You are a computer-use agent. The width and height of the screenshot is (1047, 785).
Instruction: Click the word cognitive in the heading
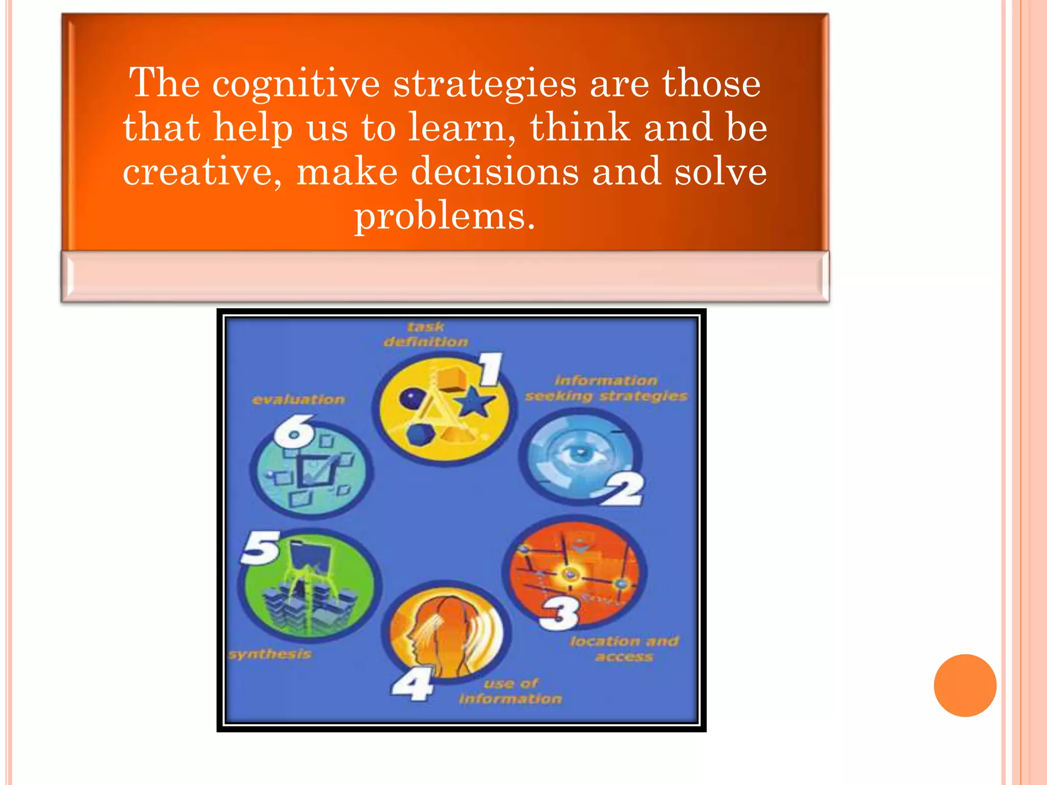click(296, 84)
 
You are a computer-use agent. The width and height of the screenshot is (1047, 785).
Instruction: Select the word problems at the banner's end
click(445, 216)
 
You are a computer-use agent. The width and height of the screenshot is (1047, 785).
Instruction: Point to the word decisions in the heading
click(495, 172)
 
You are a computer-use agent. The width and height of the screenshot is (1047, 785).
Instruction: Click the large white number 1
click(491, 370)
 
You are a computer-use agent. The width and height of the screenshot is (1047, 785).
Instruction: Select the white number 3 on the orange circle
click(560, 613)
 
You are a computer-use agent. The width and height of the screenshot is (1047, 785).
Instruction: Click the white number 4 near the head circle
click(413, 685)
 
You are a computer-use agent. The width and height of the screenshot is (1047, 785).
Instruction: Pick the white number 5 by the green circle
click(261, 548)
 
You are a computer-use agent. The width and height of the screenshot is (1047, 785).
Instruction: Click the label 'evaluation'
click(299, 400)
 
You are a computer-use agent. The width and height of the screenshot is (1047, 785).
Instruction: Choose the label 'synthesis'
click(270, 654)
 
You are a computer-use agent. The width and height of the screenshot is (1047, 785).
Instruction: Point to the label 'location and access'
click(624, 649)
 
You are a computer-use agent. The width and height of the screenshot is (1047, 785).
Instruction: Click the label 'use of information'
click(510, 691)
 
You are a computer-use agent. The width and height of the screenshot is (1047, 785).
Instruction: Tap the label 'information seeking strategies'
click(606, 388)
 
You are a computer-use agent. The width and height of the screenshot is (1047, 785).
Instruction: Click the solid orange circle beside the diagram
click(965, 685)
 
